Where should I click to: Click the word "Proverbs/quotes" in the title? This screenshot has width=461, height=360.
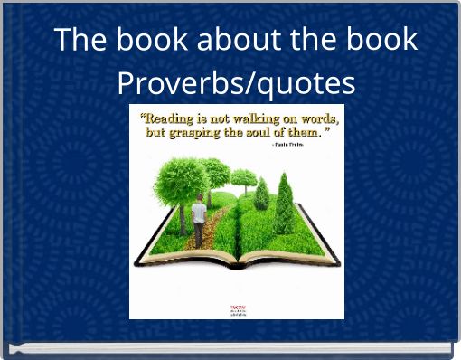[236, 83]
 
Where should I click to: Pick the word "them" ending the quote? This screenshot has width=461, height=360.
[313, 132]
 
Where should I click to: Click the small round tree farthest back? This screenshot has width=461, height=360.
[243, 176]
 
